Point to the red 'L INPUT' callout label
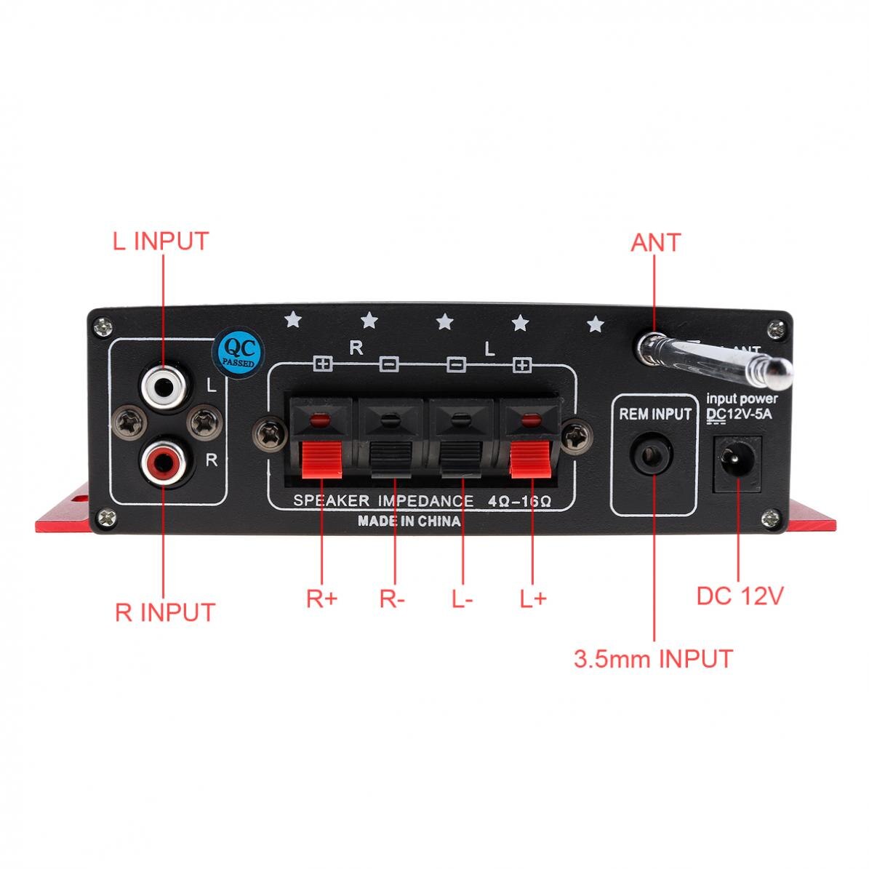tap(160, 241)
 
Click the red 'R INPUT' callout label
tap(165, 612)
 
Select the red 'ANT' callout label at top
tap(655, 242)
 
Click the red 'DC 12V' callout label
tap(740, 596)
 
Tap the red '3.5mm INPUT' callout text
tap(653, 659)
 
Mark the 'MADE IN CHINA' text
tap(409, 521)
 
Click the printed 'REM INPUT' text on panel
tap(654, 415)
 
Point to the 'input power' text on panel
tap(742, 399)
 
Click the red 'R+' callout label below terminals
tap(321, 598)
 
